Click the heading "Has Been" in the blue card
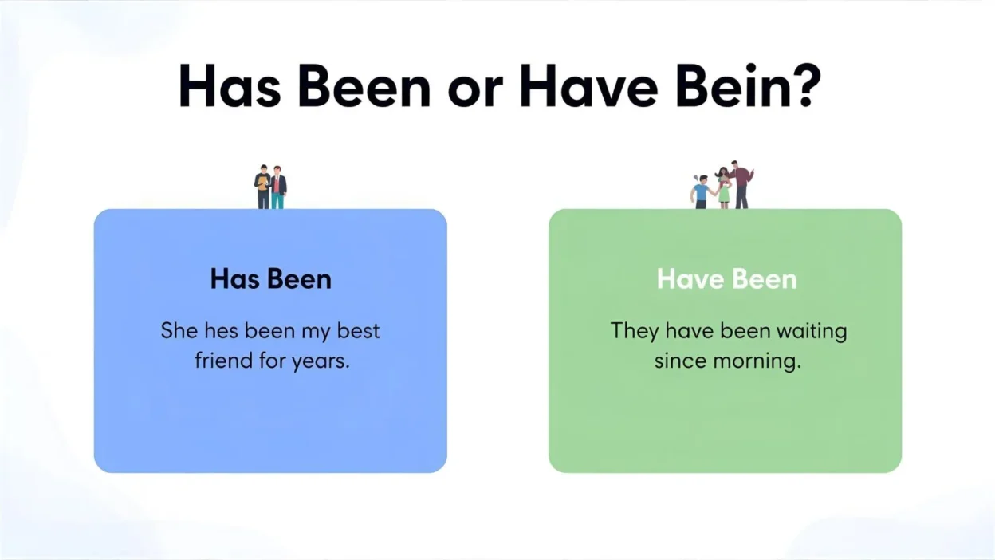click(x=270, y=279)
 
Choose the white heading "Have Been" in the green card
click(x=726, y=279)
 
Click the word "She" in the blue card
click(x=179, y=330)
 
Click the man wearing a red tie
click(x=277, y=187)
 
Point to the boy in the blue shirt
click(x=701, y=192)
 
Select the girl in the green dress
click(x=723, y=188)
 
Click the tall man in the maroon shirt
click(x=741, y=183)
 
